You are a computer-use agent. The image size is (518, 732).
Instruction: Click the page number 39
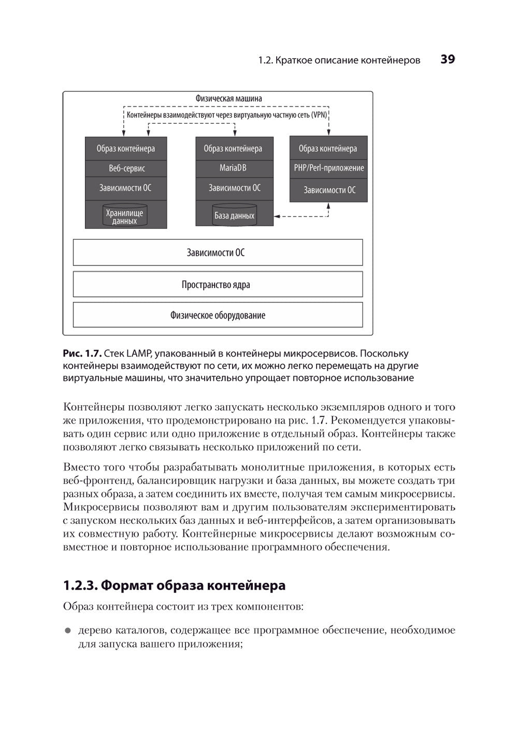click(x=448, y=60)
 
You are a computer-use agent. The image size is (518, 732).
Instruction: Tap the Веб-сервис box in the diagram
click(x=126, y=168)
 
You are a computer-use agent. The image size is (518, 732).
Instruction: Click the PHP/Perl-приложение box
click(x=329, y=168)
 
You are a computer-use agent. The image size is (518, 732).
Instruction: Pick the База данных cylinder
click(x=234, y=216)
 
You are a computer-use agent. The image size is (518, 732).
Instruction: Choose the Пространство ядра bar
click(x=218, y=284)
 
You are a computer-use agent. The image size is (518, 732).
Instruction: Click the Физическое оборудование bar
click(x=218, y=315)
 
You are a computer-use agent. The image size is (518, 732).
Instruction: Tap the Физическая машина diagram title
click(x=228, y=98)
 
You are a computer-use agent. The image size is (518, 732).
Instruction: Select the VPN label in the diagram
click(x=319, y=114)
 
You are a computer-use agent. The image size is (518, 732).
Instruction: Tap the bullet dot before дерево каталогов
click(x=67, y=631)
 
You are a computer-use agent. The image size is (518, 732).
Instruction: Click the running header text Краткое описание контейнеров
click(x=348, y=61)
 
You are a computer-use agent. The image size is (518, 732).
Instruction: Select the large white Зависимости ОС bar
click(x=218, y=253)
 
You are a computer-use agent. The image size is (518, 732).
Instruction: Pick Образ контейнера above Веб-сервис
click(x=126, y=149)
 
